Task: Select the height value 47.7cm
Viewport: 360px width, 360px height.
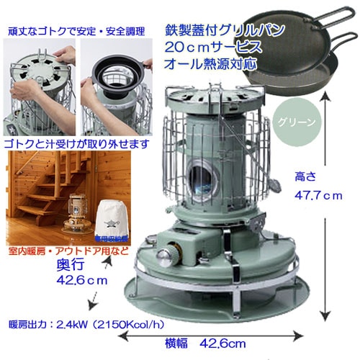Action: pyautogui.click(x=318, y=195)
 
